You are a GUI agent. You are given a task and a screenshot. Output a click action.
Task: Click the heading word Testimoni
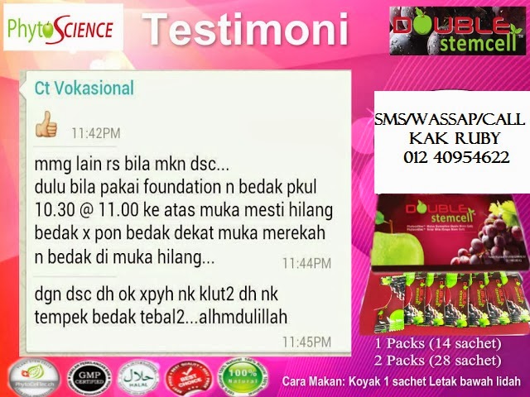245,31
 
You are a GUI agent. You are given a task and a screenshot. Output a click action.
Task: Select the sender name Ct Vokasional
84,88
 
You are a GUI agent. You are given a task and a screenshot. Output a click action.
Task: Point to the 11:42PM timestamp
96,132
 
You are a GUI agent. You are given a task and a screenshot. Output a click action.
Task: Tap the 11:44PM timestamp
306,264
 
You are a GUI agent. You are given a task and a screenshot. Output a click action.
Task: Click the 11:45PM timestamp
306,340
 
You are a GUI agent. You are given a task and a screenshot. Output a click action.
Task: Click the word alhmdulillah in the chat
238,317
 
